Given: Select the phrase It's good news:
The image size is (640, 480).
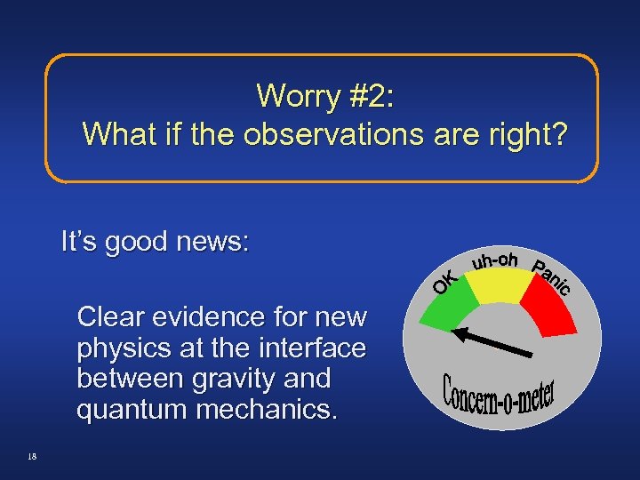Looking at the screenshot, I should click(156, 241).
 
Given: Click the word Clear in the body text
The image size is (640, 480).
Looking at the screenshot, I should click(112, 317).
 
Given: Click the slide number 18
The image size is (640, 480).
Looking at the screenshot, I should click(32, 456).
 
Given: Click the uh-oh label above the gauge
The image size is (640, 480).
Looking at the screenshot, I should click(495, 260).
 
